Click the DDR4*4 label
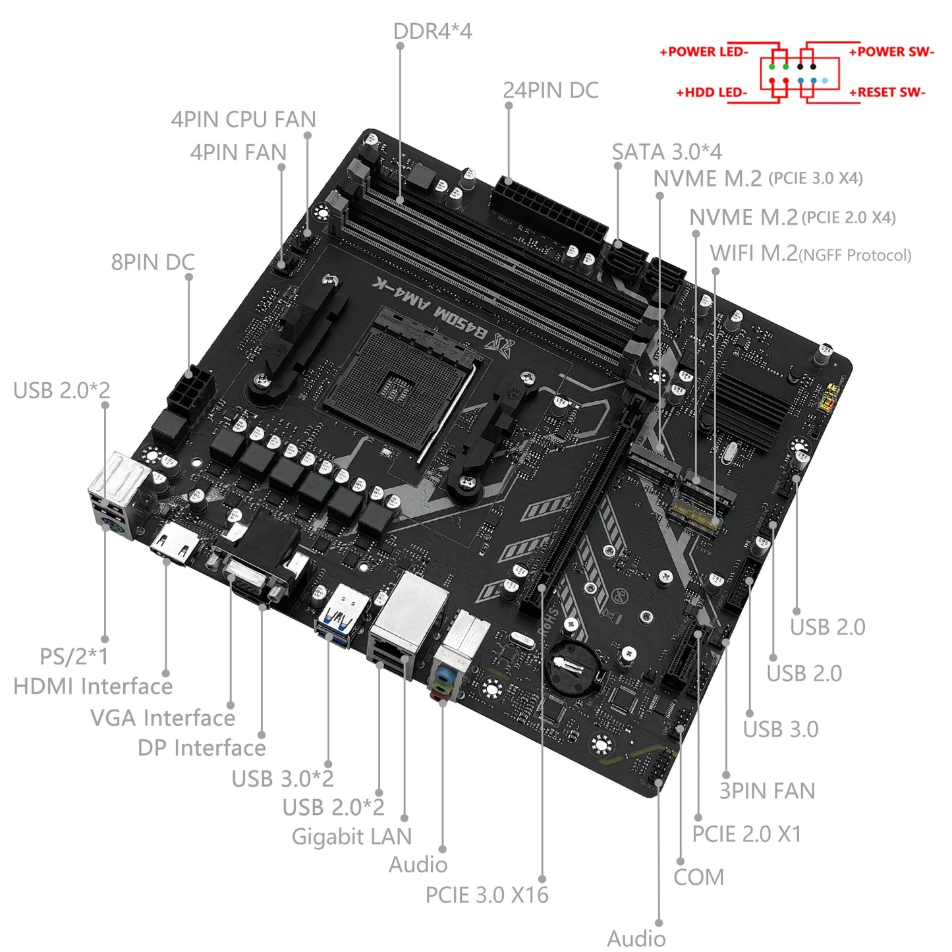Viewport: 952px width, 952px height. pos(432,32)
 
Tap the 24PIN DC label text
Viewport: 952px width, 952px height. pos(550,91)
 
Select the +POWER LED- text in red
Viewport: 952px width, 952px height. pos(704,52)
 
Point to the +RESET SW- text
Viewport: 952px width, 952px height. pos(887,93)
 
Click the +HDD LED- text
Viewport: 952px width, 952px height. pos(712,93)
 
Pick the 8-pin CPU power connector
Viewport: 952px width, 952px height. pos(190,389)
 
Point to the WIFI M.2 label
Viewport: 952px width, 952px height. pos(810,254)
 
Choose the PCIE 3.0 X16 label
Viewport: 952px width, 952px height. pos(486,895)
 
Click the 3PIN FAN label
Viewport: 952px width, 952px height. pos(767,791)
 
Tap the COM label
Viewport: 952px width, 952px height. pos(698,878)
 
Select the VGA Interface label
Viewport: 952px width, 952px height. pos(162,718)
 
